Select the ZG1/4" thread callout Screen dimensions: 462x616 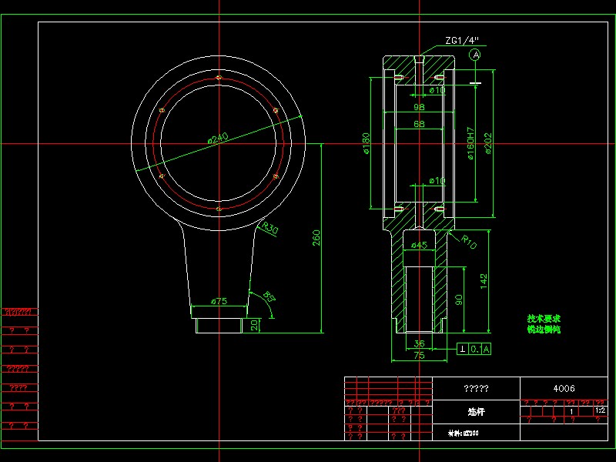[x=461, y=40]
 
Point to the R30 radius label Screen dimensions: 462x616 [x=269, y=228]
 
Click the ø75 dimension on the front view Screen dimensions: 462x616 [x=219, y=301]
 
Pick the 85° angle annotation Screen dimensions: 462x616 [x=269, y=295]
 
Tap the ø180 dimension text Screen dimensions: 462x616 [x=367, y=143]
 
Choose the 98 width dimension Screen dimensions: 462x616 [x=420, y=108]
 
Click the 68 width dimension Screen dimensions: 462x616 [x=420, y=124]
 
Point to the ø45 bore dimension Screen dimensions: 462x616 [x=418, y=246]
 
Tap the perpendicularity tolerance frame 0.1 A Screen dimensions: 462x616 [x=474, y=349]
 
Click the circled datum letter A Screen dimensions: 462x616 [x=476, y=55]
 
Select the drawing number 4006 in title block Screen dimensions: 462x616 [x=564, y=388]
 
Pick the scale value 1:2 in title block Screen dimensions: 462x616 [x=601, y=411]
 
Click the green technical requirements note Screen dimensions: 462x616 [x=544, y=323]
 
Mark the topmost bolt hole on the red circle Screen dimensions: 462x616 [x=219, y=77]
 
